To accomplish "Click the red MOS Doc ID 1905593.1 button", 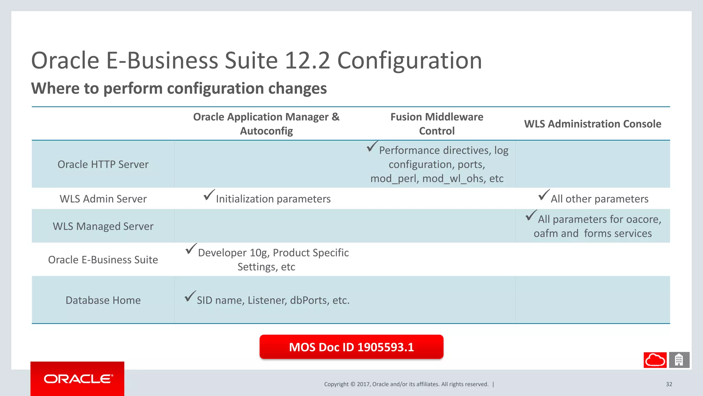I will pos(351,347).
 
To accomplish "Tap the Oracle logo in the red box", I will pos(78,379).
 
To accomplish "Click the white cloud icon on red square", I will pos(655,360).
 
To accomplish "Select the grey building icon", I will pos(679,360).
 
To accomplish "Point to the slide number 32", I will pos(669,384).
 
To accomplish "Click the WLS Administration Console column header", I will pos(592,124).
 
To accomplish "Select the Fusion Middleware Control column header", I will pos(437,124).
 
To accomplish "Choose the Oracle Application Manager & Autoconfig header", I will pos(266,124).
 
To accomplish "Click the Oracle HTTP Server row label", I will pos(103,164).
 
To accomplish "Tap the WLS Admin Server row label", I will pos(103,199).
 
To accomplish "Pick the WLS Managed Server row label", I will pos(103,226).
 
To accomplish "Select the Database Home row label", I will pos(103,300).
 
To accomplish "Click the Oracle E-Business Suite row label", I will pos(103,260).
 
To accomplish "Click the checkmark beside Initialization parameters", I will pos(209,195).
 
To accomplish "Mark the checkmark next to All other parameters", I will pos(544,195).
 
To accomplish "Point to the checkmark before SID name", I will pos(190,296).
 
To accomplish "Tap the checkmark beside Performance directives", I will pos(372,146).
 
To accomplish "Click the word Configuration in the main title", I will pos(410,60).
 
